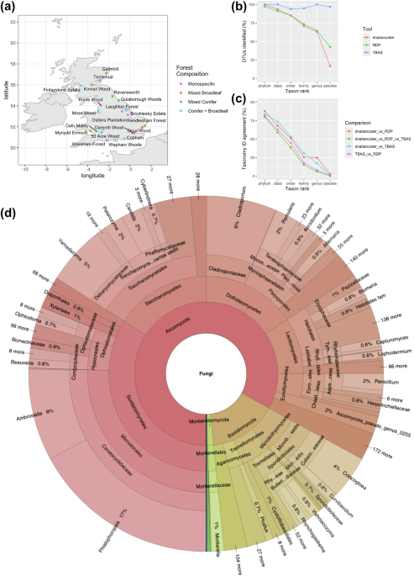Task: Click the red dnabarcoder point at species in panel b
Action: click(329, 66)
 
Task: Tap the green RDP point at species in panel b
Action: click(329, 46)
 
